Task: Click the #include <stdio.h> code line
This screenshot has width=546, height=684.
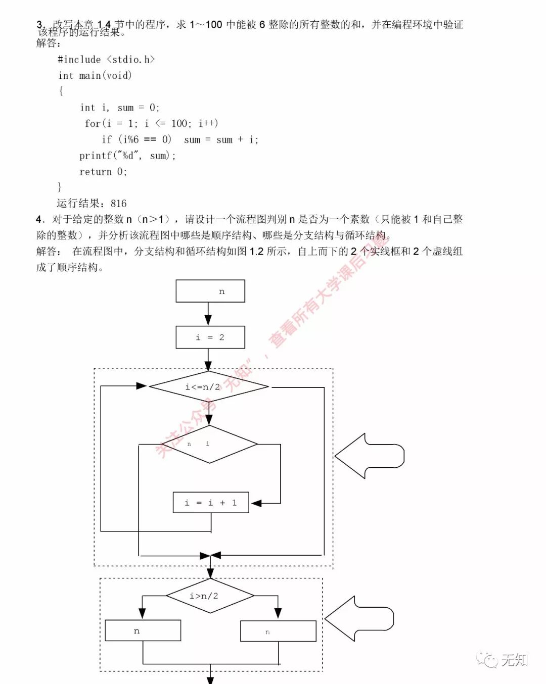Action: [106, 60]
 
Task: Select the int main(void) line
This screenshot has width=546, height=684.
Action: [95, 76]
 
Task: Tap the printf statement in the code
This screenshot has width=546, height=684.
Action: [127, 156]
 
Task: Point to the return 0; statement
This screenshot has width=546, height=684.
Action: [103, 172]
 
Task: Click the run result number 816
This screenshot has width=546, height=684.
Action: [118, 204]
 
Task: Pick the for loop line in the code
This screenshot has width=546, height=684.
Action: [151, 124]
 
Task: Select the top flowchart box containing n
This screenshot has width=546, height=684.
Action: [210, 291]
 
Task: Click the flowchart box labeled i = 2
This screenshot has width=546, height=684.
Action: [210, 337]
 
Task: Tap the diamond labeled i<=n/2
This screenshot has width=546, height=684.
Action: [208, 387]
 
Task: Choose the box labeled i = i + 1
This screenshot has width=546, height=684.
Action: [211, 503]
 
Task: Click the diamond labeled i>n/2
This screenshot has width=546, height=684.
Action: [210, 596]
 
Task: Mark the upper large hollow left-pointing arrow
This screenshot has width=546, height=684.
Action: [369, 456]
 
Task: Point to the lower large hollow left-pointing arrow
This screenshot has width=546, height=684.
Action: [359, 619]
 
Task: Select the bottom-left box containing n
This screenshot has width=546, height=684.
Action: [143, 631]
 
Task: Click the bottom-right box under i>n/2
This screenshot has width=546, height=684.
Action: [278, 631]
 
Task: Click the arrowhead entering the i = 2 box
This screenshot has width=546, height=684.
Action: [208, 321]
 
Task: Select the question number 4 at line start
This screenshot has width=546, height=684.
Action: [39, 219]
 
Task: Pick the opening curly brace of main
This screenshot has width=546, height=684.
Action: [61, 91]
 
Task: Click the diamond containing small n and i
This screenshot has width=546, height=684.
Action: [209, 445]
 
